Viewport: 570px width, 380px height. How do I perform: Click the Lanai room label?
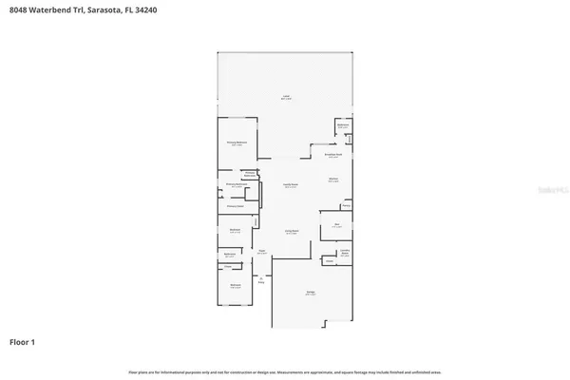pos(285,98)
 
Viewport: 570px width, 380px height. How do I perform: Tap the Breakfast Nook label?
pos(333,156)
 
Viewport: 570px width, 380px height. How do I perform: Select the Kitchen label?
pos(333,180)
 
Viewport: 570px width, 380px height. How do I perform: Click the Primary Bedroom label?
pos(237,143)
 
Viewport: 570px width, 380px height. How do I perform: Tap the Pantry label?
pos(347,204)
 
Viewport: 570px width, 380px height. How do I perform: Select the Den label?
pos(336,225)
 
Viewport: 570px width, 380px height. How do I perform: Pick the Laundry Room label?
pos(346,253)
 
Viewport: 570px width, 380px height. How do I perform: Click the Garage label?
pos(311,294)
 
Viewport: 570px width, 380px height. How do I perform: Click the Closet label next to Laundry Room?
pos(329,261)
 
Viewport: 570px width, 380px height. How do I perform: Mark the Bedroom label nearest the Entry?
pos(235,285)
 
